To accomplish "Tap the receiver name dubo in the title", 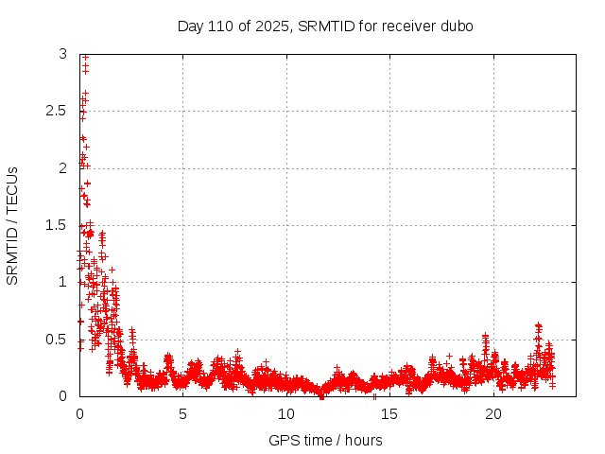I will click(456, 26).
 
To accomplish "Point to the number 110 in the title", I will click(222, 26).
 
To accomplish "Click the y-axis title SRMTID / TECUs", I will click(13, 225).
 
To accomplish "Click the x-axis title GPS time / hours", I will click(326, 440).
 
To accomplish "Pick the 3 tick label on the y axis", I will click(62, 54).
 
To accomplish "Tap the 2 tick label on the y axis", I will click(62, 168).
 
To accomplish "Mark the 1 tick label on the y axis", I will click(62, 282).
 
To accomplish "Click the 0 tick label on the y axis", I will click(62, 396).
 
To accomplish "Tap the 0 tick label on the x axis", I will click(79, 414).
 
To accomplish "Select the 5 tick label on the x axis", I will click(182, 414).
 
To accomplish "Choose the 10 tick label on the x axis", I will click(285, 414).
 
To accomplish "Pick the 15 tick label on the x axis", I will click(389, 414).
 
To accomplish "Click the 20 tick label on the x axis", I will click(492, 414).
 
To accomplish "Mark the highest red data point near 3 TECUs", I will click(85, 57).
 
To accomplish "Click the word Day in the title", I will click(191, 26).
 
